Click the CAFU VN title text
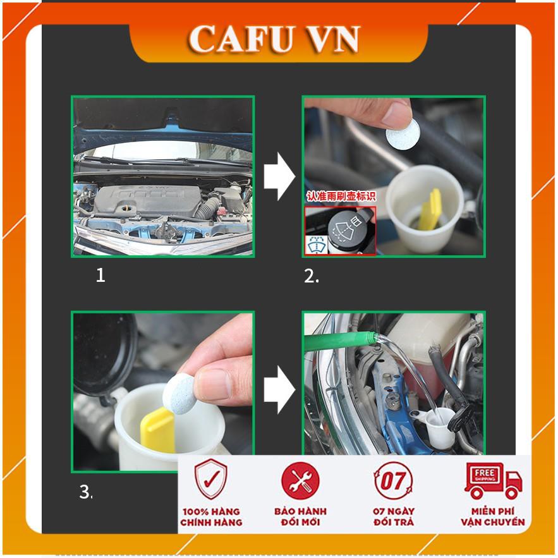click(273, 39)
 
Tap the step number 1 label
click(100, 275)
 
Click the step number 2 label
click(311, 276)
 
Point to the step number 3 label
click(85, 492)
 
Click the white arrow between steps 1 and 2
click(279, 176)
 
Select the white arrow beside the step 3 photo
click(279, 390)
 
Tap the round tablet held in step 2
click(403, 133)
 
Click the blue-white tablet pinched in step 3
click(181, 394)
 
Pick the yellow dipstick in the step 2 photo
click(430, 210)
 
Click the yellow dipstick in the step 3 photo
click(157, 430)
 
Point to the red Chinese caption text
click(341, 196)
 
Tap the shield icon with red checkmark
click(210, 480)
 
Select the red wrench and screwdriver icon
click(300, 480)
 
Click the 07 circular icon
click(393, 480)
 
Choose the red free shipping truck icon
click(494, 480)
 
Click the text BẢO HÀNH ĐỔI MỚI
click(300, 517)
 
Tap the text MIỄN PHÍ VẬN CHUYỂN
click(493, 517)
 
